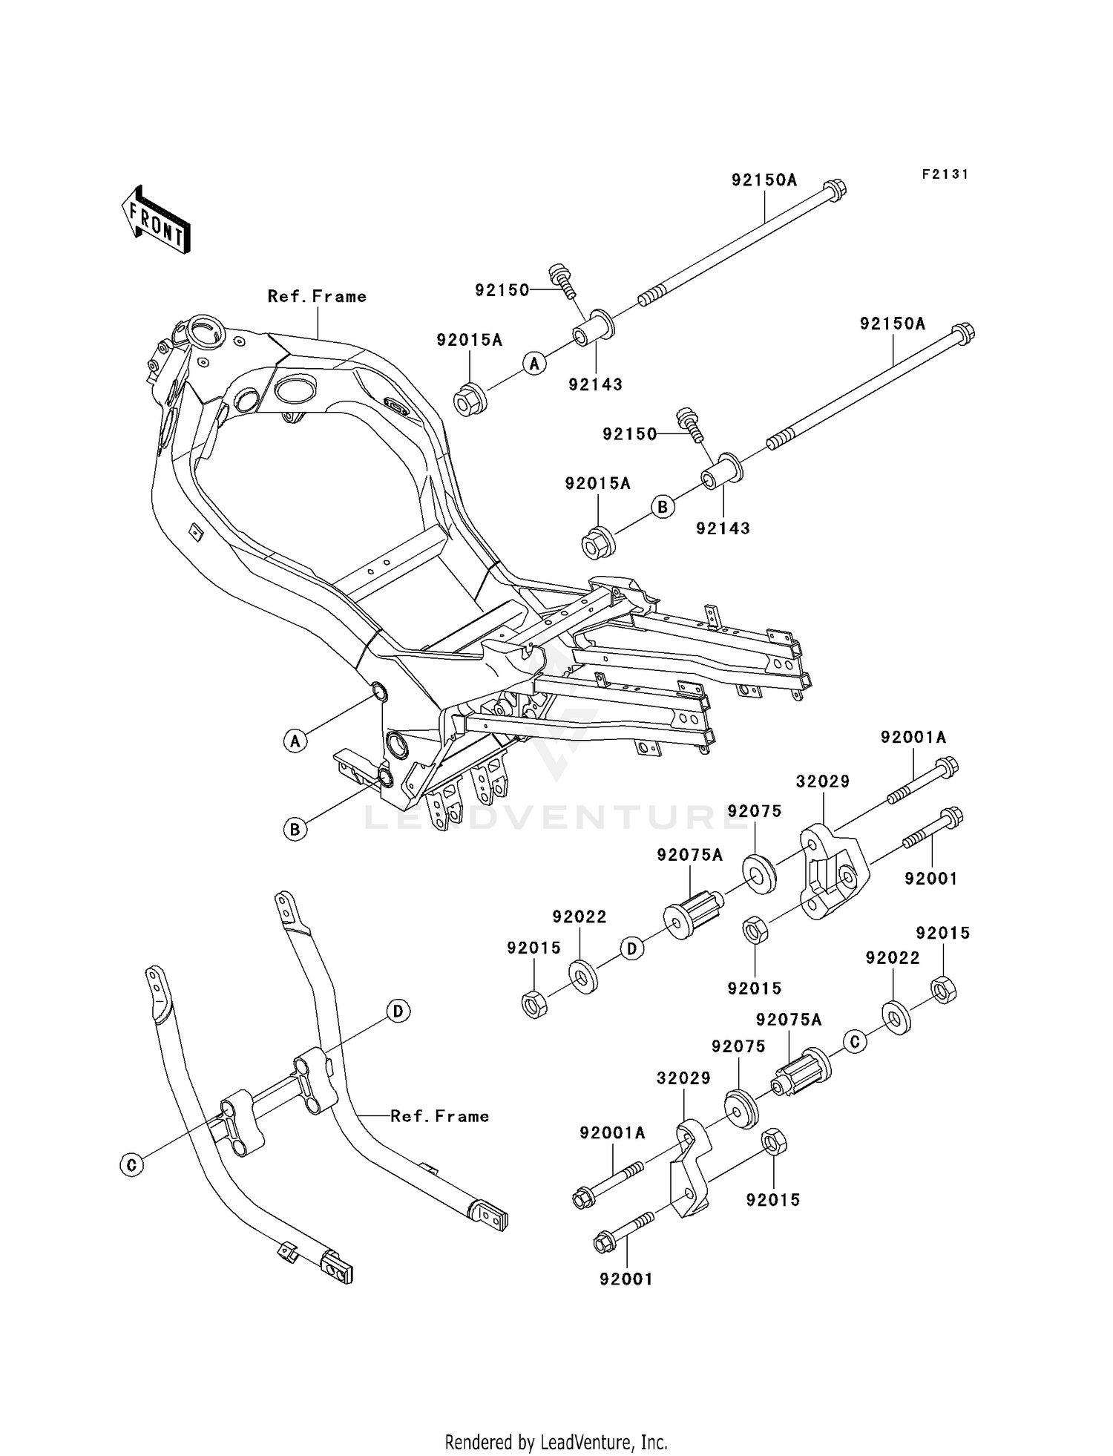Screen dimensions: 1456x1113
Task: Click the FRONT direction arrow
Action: [x=157, y=220]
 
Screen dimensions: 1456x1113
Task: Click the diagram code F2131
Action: [x=945, y=174]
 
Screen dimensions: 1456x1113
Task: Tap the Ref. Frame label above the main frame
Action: [x=317, y=297]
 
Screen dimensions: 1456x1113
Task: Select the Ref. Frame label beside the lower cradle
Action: [x=439, y=1116]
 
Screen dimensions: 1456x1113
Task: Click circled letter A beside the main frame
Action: [x=295, y=740]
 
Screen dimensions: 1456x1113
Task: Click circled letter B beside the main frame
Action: [x=295, y=828]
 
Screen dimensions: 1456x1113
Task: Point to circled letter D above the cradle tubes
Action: [x=398, y=1011]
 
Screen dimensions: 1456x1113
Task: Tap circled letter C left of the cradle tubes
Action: [x=131, y=1165]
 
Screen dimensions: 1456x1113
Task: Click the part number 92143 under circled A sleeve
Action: [x=595, y=384]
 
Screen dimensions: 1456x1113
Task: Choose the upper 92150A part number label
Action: [x=764, y=180]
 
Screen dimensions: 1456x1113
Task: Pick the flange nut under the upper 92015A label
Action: [x=469, y=401]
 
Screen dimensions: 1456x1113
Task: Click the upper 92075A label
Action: [x=689, y=855]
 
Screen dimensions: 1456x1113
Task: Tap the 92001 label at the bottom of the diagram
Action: [x=626, y=1279]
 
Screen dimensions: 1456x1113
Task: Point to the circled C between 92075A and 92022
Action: [x=855, y=1042]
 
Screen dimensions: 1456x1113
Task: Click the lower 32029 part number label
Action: [x=683, y=1078]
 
